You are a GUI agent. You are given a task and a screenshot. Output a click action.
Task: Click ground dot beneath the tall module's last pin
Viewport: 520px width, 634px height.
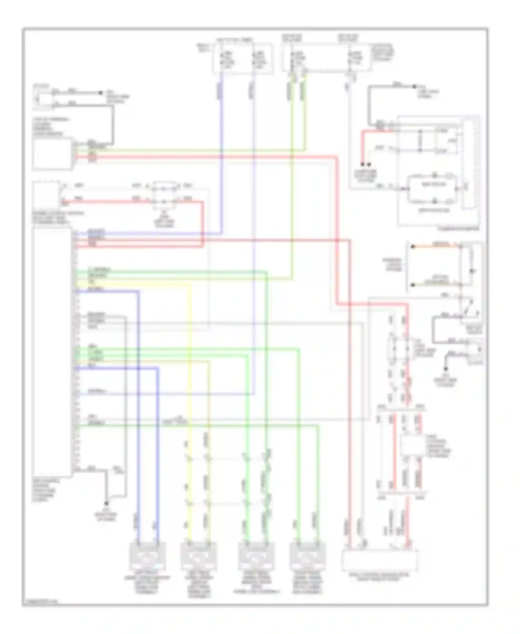[x=106, y=503]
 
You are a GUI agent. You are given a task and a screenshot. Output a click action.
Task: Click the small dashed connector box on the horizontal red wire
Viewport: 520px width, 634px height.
[x=164, y=195]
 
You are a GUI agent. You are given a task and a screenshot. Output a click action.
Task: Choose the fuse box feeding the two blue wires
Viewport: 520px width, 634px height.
[x=243, y=58]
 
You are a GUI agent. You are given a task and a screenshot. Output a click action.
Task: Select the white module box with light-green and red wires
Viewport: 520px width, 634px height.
[x=52, y=154]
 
